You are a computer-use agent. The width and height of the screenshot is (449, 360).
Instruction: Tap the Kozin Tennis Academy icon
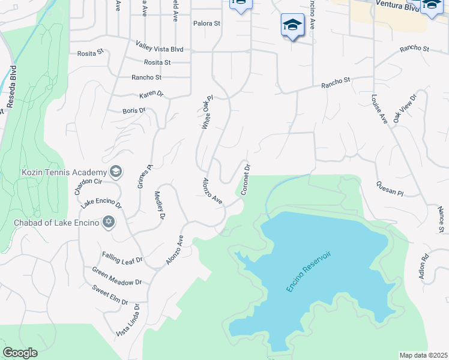116,172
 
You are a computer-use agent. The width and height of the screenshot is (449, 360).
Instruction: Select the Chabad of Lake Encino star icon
109,223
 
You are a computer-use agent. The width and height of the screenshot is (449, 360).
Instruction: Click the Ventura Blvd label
397,5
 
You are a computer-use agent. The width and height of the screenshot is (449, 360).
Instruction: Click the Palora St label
207,24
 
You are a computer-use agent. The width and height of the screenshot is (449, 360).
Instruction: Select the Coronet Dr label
245,179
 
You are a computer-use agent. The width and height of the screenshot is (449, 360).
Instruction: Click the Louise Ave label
379,109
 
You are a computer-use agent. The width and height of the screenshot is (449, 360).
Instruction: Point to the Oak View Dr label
405,109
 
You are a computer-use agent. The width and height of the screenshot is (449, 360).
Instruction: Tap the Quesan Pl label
390,188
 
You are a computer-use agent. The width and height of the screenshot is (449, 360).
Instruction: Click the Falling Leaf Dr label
122,259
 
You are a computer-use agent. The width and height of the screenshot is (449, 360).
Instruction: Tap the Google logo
20,353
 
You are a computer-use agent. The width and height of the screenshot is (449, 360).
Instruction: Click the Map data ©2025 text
424,355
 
